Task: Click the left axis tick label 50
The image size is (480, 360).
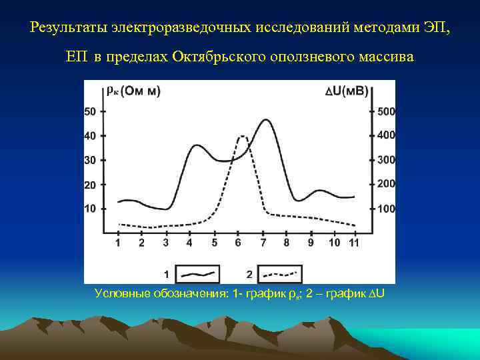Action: pyautogui.click(x=89, y=111)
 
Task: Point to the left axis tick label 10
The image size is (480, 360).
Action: pyautogui.click(x=89, y=209)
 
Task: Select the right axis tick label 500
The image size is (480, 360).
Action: pyautogui.click(x=387, y=111)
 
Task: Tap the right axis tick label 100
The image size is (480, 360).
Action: pyautogui.click(x=387, y=209)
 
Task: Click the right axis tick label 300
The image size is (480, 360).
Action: pyautogui.click(x=387, y=160)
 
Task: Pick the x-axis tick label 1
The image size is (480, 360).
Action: pyautogui.click(x=118, y=243)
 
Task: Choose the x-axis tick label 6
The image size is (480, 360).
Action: pyautogui.click(x=238, y=243)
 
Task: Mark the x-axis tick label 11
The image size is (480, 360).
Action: pyautogui.click(x=354, y=243)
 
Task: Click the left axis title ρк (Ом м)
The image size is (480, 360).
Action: pyautogui.click(x=133, y=91)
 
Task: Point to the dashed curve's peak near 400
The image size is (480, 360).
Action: pyautogui.click(x=243, y=137)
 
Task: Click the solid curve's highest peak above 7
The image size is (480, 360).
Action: pyautogui.click(x=266, y=120)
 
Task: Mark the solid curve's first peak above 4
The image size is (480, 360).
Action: pyautogui.click(x=195, y=145)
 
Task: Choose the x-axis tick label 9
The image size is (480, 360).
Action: pyautogui.click(x=311, y=243)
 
